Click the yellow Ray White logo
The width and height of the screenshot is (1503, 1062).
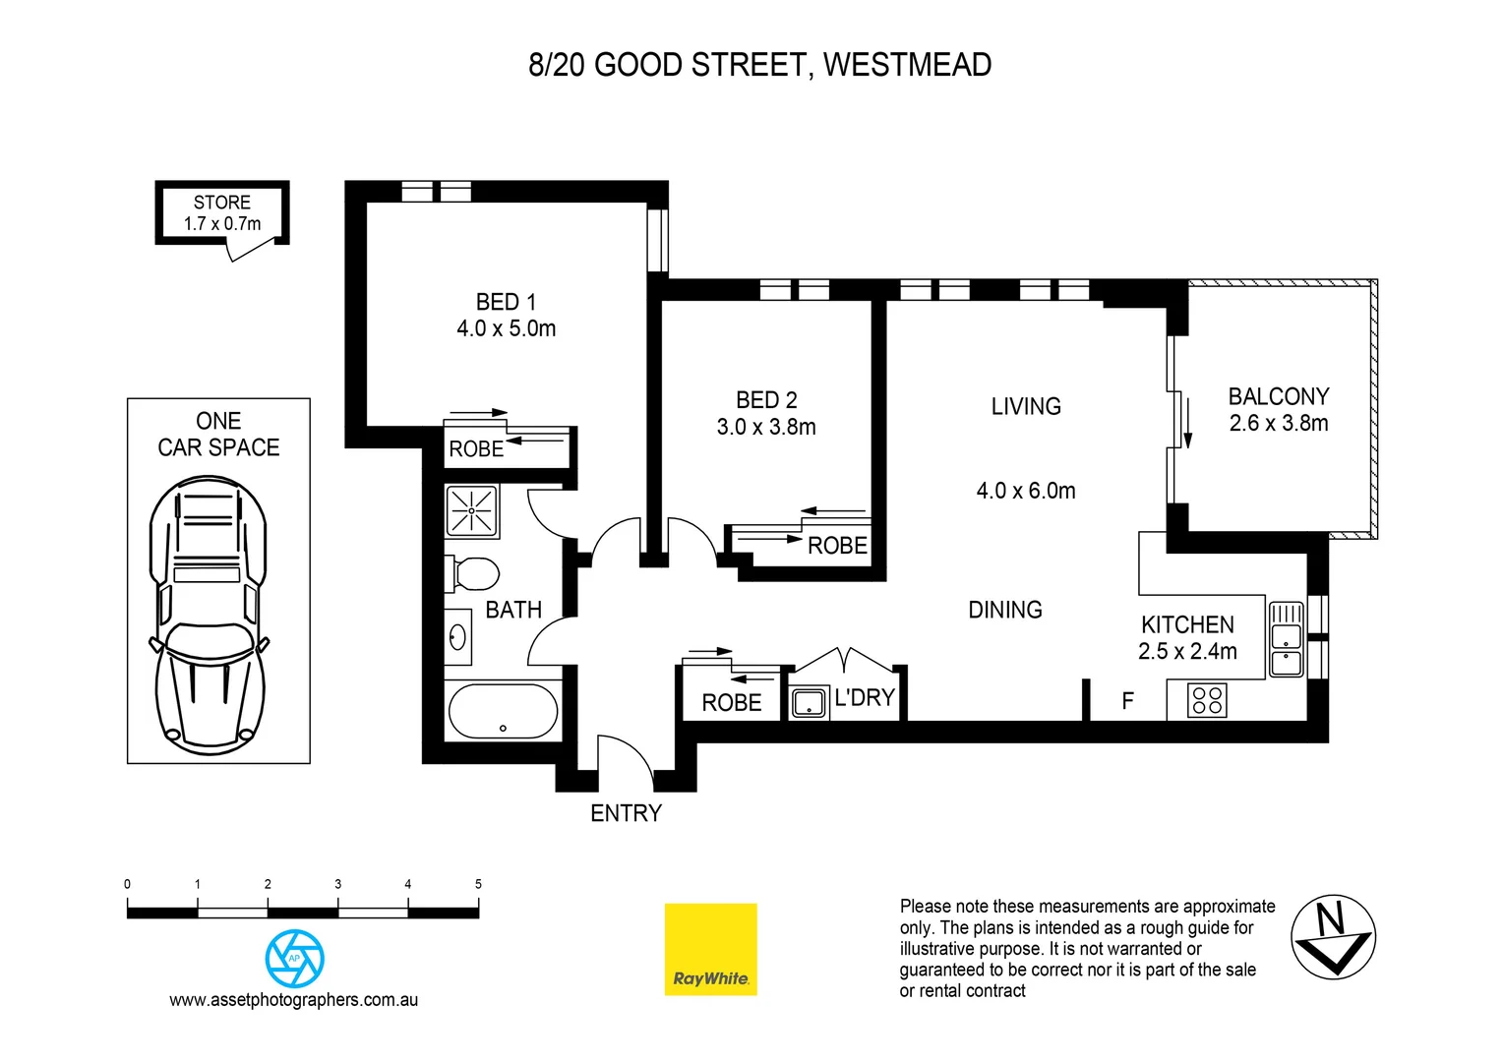710,949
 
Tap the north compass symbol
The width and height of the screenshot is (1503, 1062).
1333,937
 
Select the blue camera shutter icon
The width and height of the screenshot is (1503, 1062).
294,959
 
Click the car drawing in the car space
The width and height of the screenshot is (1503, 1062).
208,615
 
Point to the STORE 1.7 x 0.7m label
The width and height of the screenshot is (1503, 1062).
222,213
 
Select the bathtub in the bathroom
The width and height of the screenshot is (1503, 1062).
503,711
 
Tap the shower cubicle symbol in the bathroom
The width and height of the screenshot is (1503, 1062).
472,511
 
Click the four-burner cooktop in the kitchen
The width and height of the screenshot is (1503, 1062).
1207,701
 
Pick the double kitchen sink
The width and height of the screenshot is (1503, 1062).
1286,639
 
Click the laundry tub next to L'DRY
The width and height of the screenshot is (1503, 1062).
810,703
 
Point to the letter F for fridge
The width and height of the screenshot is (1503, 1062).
1127,701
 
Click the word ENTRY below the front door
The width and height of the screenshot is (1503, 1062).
626,813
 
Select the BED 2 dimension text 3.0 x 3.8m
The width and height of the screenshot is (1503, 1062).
766,427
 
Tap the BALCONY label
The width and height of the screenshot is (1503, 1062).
1278,396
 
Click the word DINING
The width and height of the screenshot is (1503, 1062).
1004,610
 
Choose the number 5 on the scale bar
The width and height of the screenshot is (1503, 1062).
478,884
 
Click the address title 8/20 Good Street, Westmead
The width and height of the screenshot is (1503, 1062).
759,65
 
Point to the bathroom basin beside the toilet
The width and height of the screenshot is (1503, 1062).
458,637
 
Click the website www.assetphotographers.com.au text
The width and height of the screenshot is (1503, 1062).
293,1000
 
